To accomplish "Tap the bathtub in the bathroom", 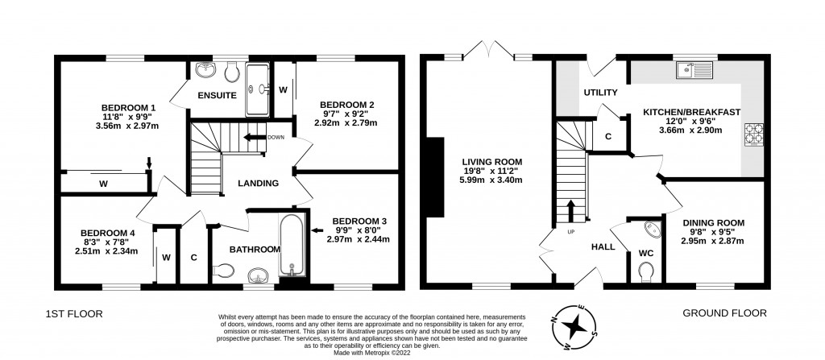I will point(291,245).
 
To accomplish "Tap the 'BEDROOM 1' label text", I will point(128,108).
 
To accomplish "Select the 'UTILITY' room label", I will point(600,93).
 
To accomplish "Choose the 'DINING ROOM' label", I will point(713,222).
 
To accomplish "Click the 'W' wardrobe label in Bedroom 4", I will point(165,258).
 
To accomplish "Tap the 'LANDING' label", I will point(259,184).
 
